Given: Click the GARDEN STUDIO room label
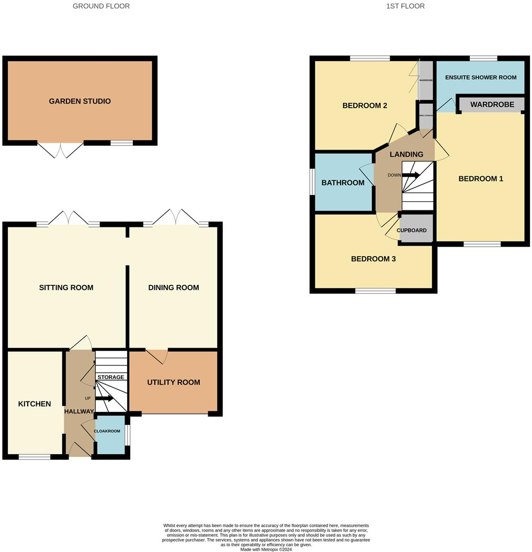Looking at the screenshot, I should click(80, 101).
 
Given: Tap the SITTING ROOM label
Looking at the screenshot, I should click(66, 287).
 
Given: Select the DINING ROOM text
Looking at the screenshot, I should click(174, 287).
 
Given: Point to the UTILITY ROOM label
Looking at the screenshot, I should click(174, 383).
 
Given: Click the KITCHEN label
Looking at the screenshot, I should click(35, 404).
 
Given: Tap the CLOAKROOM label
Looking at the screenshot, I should click(107, 431).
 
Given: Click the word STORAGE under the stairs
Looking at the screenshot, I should click(111, 377).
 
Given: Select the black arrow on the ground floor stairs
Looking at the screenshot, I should click(104, 399).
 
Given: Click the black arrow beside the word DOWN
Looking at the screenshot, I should click(411, 176).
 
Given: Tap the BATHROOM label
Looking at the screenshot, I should click(343, 182).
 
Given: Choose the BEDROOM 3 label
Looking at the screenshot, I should click(373, 259).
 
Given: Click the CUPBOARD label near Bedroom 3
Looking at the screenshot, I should click(412, 231).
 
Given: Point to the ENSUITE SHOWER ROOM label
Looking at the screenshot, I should click(481, 77).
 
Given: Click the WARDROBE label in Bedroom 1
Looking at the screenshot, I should click(492, 105).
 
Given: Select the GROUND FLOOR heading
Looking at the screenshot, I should click(101, 6).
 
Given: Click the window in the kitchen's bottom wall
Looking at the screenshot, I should click(35, 457).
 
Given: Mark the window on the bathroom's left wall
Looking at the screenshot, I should click(311, 181).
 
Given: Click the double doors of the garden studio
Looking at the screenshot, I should click(61, 149).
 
